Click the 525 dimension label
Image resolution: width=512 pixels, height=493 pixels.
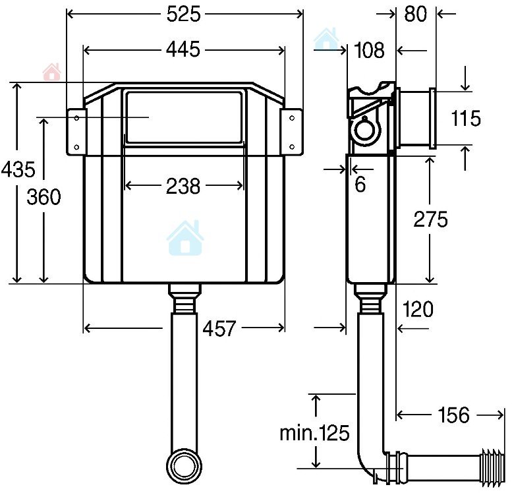click(x=183, y=14)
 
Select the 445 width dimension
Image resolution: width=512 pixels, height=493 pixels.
click(x=183, y=50)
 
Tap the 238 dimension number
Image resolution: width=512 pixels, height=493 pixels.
click(x=183, y=187)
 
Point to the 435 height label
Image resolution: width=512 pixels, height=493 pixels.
click(x=18, y=169)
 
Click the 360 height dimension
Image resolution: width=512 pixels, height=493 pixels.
click(x=43, y=197)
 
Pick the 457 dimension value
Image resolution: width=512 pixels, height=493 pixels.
click(x=219, y=328)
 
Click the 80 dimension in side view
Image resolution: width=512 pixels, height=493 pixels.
click(x=415, y=14)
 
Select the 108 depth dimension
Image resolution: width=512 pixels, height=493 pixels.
click(x=369, y=51)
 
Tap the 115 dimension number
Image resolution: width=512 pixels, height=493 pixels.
click(x=466, y=118)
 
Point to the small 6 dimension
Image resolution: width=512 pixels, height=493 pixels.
click(x=360, y=185)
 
